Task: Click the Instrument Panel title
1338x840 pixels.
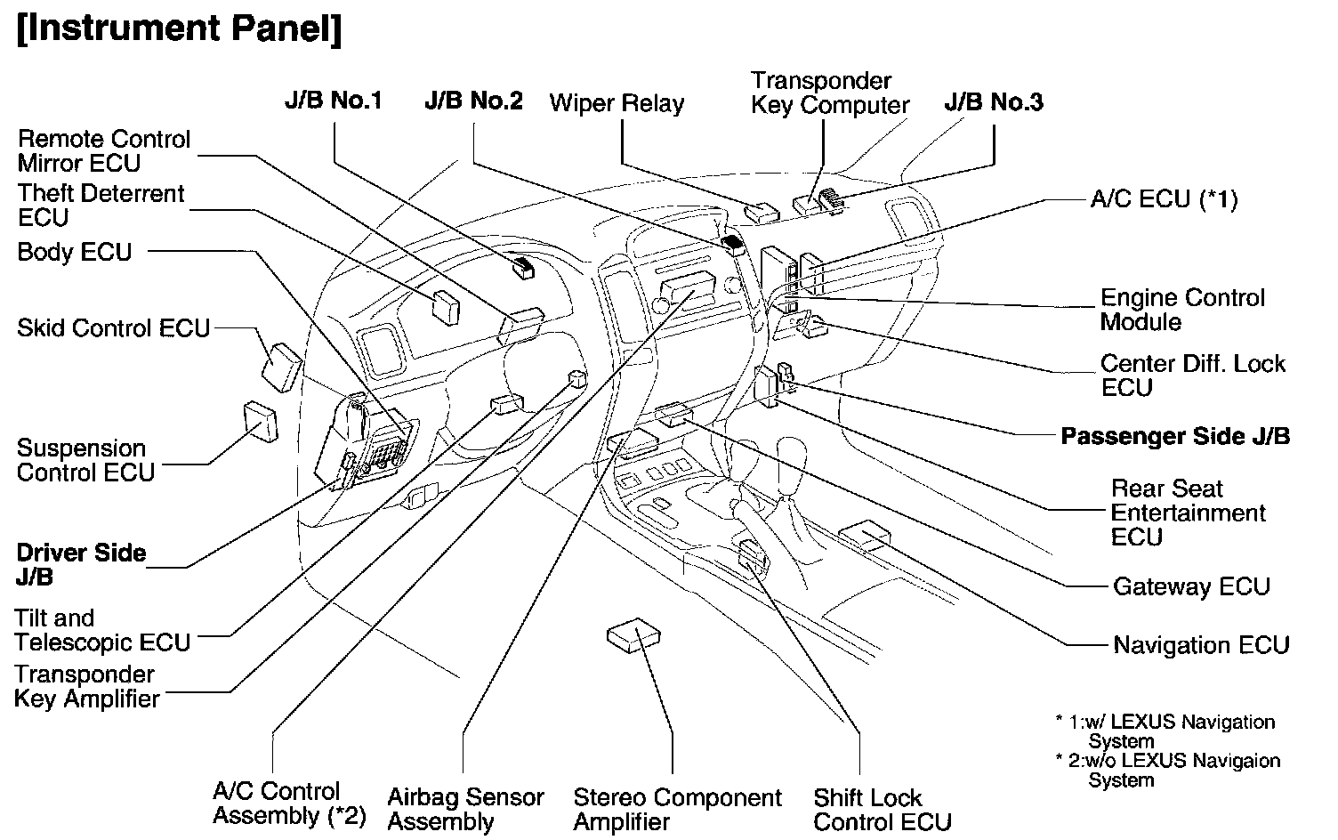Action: point(179,30)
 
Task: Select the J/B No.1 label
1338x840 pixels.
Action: point(333,101)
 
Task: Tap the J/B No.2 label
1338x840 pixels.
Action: point(473,101)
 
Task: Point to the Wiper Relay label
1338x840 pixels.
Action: point(617,103)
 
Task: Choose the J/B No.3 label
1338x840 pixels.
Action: point(994,102)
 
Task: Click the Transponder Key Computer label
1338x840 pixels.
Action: point(829,93)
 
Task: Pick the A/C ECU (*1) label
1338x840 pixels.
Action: point(1163,199)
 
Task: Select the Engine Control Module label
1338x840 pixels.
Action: point(1181,310)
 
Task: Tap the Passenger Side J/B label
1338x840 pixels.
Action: point(1174,437)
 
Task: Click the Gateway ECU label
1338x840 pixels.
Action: point(1191,587)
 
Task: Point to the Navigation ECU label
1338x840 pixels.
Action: point(1201,645)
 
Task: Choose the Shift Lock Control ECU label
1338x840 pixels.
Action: point(882,810)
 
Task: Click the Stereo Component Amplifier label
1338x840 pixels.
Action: point(677,810)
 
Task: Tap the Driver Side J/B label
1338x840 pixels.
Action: point(81,565)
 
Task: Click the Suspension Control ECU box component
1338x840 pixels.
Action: point(259,422)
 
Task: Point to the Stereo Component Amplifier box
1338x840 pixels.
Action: point(634,636)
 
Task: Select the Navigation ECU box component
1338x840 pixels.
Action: point(864,535)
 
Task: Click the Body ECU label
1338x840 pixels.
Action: point(75,253)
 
